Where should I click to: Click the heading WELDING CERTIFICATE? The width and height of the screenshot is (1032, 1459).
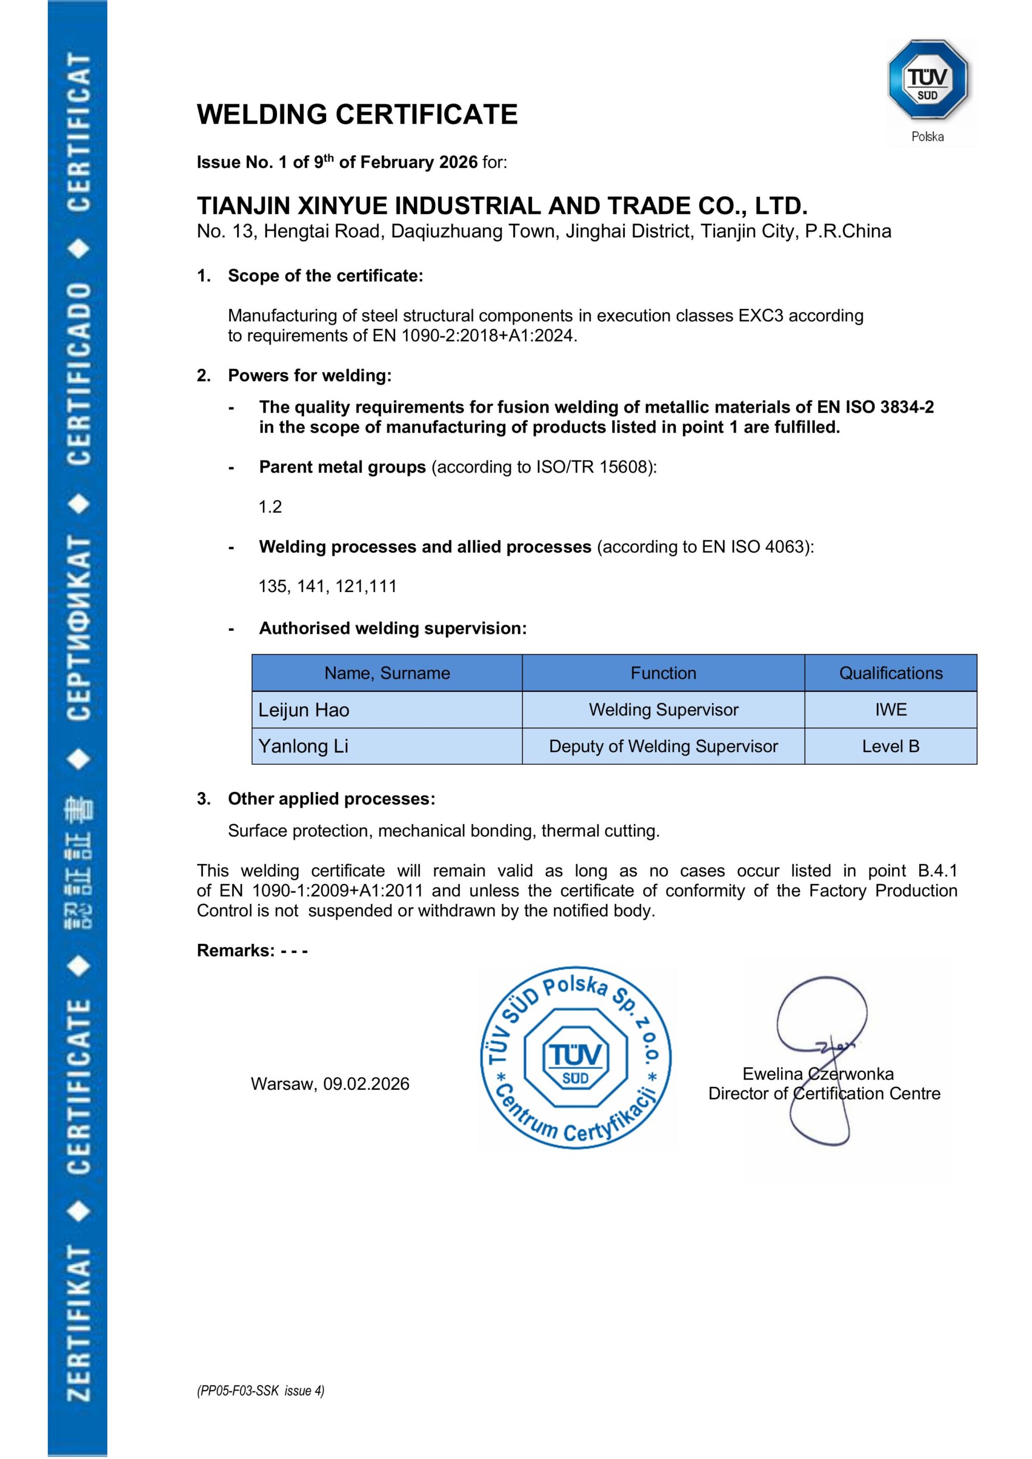pos(357,115)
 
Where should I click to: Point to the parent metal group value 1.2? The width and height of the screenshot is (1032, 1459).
pos(270,507)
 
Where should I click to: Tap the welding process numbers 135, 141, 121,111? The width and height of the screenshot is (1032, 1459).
pos(327,586)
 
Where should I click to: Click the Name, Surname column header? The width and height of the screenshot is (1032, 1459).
pos(387,673)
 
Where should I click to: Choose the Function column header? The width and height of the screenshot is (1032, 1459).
pos(663,673)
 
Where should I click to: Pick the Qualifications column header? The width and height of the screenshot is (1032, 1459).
pos(890,673)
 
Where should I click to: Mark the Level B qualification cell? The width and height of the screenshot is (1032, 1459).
pos(890,746)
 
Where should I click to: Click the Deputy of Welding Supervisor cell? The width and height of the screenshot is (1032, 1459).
pos(663,746)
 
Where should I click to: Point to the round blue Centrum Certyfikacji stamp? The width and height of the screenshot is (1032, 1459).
pos(575,1058)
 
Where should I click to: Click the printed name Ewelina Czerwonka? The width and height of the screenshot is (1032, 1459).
pos(818,1074)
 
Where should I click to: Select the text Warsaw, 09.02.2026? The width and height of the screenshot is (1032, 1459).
pos(330,1083)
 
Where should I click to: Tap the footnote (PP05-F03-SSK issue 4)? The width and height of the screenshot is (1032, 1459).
pos(260,1391)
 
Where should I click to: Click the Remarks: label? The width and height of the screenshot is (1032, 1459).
pos(235,951)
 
